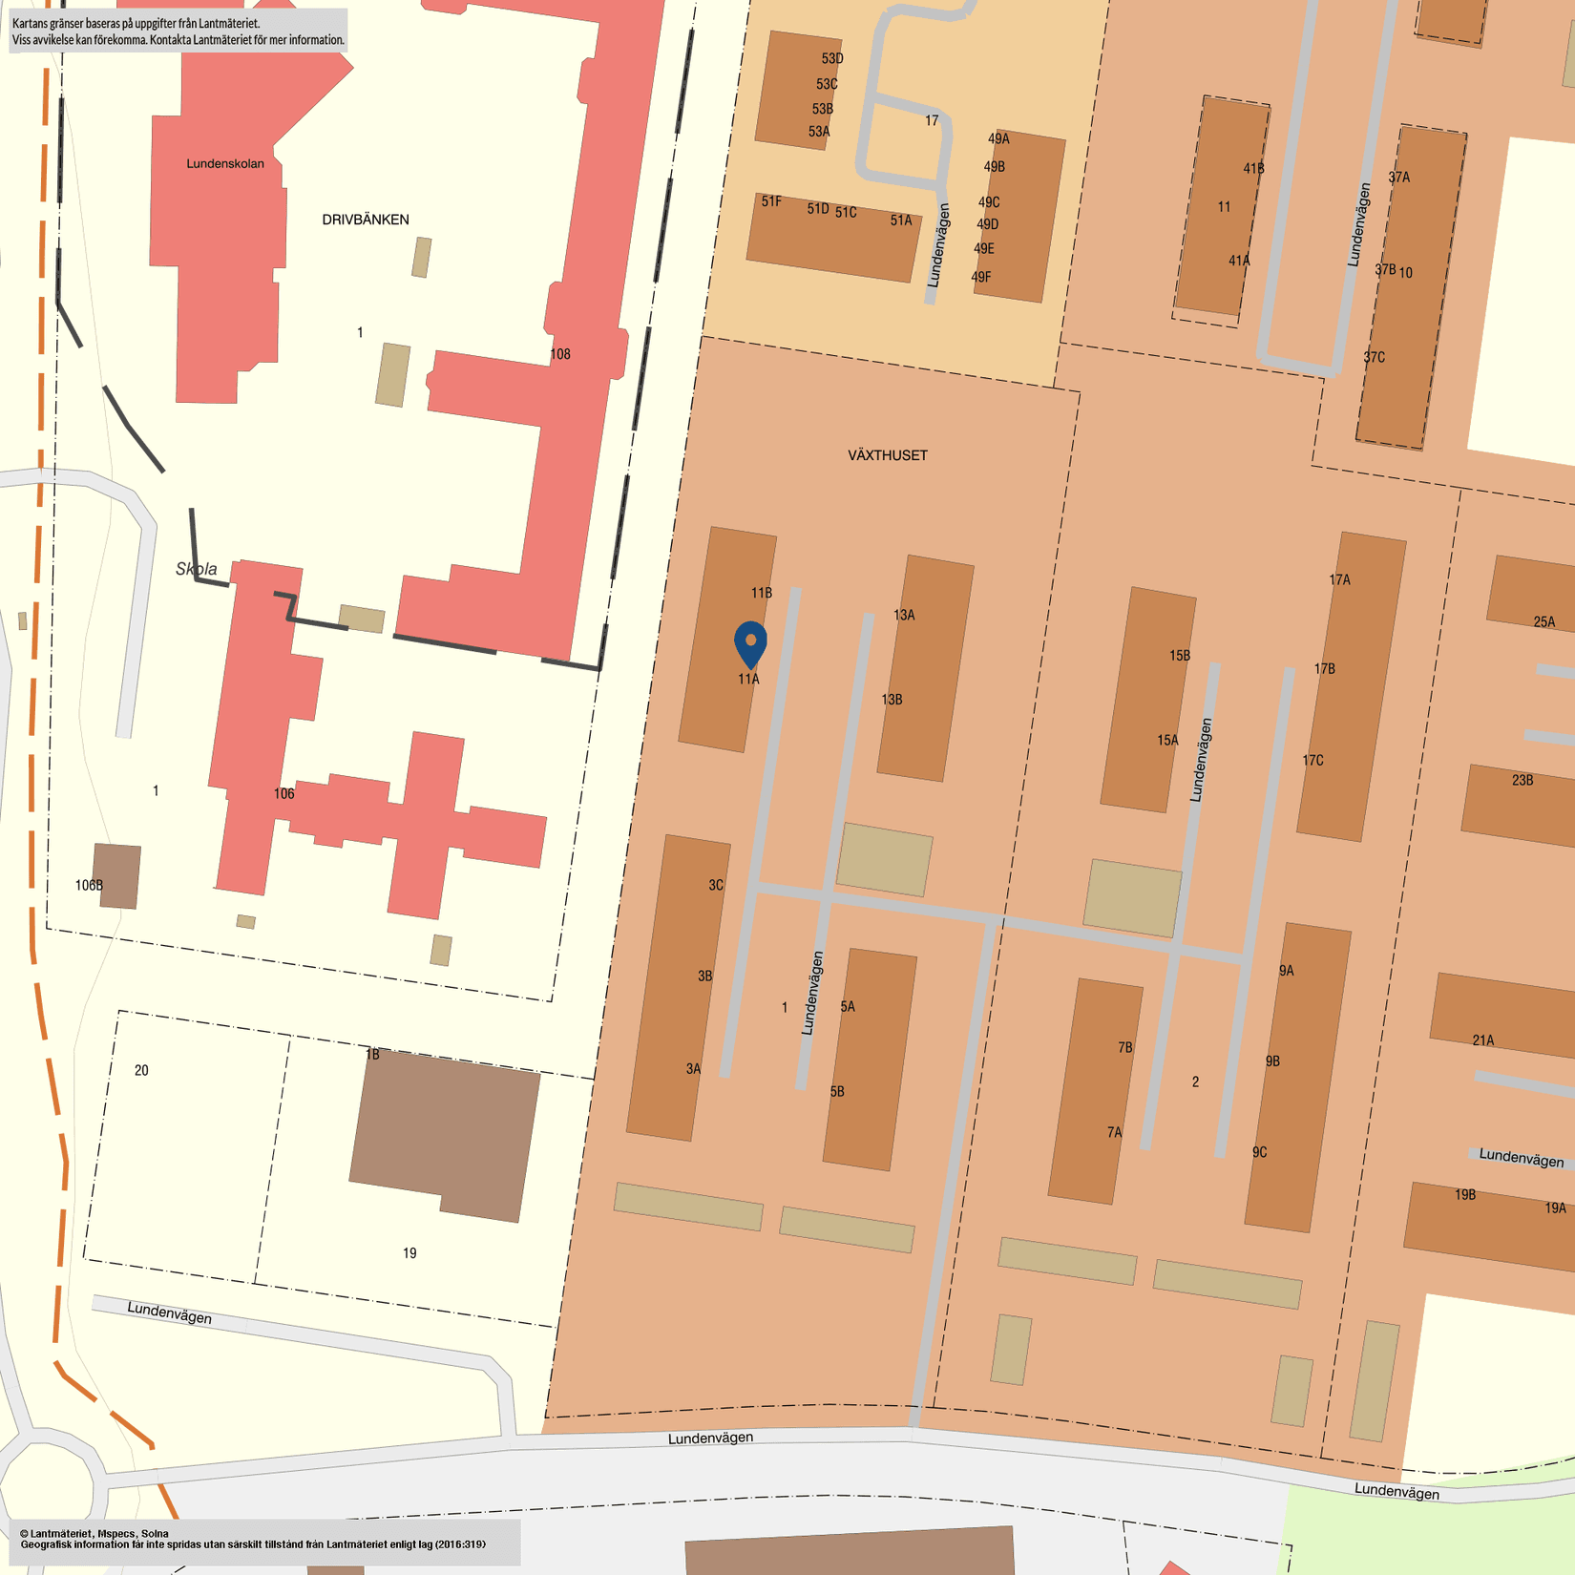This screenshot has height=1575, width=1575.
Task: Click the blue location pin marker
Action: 751,643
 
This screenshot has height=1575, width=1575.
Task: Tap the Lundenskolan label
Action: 225,163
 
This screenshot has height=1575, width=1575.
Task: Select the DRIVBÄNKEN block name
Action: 366,220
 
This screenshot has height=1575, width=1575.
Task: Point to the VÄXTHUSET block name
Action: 888,455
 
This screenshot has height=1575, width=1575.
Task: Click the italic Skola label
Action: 197,569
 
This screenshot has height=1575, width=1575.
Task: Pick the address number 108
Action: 560,354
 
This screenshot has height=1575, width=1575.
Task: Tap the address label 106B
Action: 89,885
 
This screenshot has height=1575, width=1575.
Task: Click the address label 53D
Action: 832,58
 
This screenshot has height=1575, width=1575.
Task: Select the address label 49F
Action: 981,277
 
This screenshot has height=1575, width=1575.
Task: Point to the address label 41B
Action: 1253,168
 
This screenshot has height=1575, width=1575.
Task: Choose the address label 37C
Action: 1374,357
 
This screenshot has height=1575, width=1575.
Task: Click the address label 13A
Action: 904,615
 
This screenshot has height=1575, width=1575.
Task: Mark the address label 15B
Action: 1180,656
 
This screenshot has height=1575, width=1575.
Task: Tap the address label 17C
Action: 1313,760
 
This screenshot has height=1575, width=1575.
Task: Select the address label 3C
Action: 716,885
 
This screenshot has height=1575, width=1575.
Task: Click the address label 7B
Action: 1125,1047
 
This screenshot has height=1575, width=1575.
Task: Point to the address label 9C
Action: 1260,1152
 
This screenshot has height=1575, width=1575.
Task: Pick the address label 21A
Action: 1483,1040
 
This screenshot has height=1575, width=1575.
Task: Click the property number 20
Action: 141,1070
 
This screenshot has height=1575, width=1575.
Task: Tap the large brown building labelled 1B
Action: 444,1136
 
